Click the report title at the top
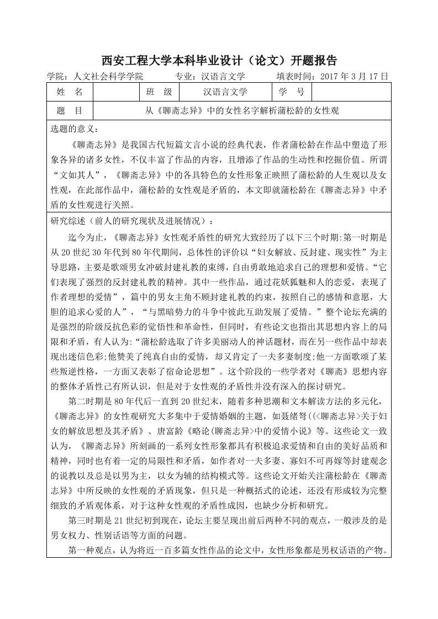click(x=219, y=60)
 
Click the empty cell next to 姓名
click(x=116, y=92)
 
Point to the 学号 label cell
click(x=292, y=92)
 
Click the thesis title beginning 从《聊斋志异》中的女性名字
click(x=242, y=111)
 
